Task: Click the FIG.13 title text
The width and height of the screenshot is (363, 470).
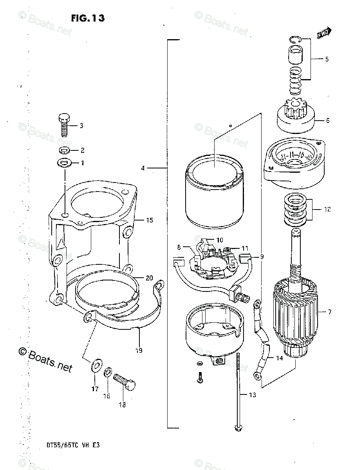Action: tap(88, 18)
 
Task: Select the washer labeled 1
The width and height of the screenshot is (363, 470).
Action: tap(64, 162)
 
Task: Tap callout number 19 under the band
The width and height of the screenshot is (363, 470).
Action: tap(139, 350)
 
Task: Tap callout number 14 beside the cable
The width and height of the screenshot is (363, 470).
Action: tap(279, 358)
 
